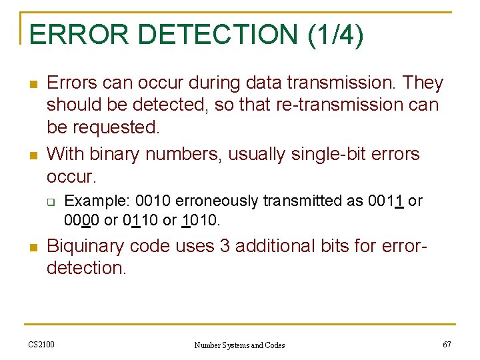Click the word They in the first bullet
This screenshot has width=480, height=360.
423,83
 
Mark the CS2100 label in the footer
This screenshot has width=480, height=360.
41,344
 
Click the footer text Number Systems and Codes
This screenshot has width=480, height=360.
239,345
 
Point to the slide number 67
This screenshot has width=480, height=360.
446,344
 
